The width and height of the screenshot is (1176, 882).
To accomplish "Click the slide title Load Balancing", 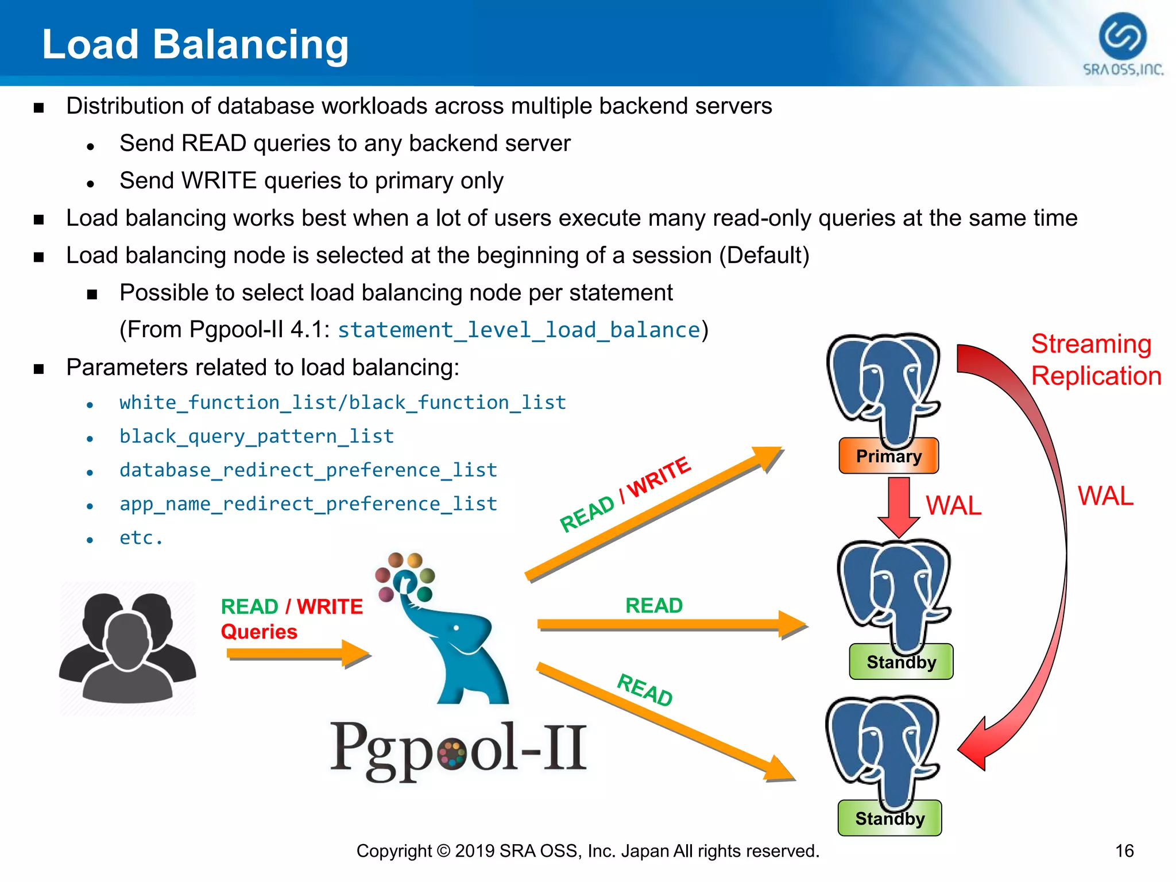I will (195, 45).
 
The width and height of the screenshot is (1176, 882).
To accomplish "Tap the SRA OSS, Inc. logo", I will (1123, 45).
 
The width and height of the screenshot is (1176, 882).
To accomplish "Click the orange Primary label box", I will (888, 456).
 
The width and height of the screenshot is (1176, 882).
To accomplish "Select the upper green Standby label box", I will (901, 662).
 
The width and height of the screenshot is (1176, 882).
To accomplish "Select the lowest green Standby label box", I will (889, 818).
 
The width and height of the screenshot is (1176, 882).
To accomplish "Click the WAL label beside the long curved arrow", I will (1105, 496).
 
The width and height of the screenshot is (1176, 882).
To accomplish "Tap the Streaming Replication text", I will (1096, 360).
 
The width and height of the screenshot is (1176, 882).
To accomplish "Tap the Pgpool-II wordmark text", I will (458, 749).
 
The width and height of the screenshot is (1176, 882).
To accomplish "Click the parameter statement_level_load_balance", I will (519, 330).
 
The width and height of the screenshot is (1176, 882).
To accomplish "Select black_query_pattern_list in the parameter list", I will (257, 436).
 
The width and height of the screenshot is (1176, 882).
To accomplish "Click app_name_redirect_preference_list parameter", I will (308, 504).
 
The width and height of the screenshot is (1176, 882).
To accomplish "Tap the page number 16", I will (1124, 851).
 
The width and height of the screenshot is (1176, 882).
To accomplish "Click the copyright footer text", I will (587, 851).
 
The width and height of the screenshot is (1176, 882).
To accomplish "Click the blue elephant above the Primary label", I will (883, 388).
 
